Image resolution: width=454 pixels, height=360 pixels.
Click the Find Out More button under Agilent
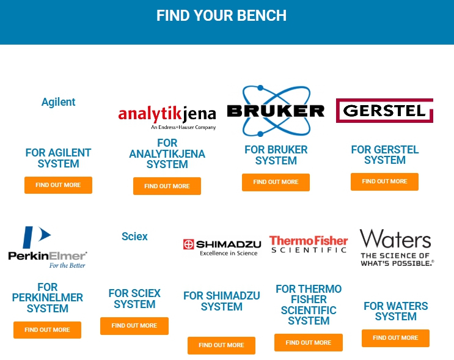point(58,185)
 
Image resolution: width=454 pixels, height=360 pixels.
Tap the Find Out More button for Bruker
point(276,182)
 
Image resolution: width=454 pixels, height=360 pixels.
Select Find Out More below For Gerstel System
point(384,182)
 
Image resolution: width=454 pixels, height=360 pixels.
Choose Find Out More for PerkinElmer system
point(47,330)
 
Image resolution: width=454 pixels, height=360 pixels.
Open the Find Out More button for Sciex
point(134,326)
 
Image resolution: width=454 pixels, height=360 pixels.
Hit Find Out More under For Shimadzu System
point(221,345)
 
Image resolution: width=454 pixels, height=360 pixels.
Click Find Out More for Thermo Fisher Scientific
point(308,343)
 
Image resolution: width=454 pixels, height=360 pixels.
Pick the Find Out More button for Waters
point(395,338)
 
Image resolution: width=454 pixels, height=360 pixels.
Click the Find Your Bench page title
point(221,15)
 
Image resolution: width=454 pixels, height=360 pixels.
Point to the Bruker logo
point(276,111)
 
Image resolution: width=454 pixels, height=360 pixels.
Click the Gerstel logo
point(384,111)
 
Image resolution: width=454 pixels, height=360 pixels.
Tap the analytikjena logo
point(167,116)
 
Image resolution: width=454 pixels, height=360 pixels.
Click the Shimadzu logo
point(221,246)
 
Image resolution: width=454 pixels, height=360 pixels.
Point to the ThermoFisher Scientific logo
point(308,244)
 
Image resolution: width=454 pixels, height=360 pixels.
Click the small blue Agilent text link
point(58,102)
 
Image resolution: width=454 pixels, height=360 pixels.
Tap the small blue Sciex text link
point(134,237)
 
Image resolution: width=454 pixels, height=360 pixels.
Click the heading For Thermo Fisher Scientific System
point(309,304)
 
